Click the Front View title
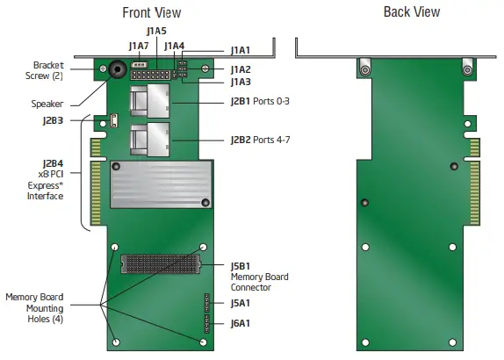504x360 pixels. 153,11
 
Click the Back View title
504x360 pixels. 412,11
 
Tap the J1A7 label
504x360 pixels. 138,46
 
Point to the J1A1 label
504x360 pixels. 241,52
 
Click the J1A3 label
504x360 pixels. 241,82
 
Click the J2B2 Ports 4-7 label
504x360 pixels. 259,139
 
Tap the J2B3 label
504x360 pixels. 54,120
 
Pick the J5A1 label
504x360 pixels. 241,303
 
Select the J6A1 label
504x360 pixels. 241,323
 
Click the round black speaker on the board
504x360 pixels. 115,70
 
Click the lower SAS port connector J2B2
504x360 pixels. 148,139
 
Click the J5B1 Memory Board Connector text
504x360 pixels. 258,277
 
